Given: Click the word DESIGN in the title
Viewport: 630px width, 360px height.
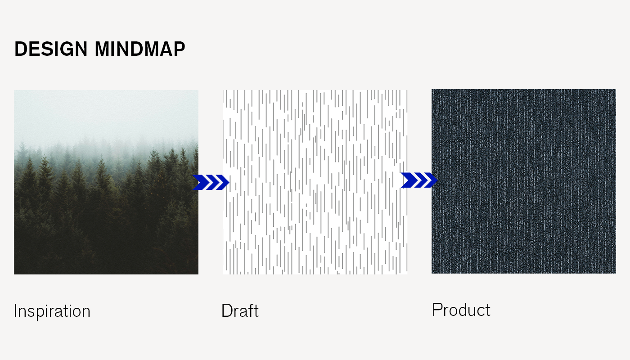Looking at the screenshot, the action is [51, 49].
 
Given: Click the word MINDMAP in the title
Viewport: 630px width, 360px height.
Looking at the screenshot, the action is [140, 49].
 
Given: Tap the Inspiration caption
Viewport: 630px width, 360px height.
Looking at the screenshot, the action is [52, 311].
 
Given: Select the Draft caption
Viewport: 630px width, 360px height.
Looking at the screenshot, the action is [240, 310].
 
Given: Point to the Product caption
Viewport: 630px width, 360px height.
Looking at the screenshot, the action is [461, 310].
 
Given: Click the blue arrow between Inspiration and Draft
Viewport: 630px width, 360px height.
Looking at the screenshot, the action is [211, 182].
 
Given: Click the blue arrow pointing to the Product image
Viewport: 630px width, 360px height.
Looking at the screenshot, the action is [419, 180].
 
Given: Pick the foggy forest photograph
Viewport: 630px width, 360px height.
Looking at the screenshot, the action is [106, 182].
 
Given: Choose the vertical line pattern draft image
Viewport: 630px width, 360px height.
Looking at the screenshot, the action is [315, 182].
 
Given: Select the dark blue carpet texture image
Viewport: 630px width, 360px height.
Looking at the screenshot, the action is [524, 181].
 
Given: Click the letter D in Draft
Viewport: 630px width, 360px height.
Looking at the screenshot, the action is [227, 310].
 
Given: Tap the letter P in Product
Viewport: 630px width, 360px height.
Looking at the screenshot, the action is [437, 310].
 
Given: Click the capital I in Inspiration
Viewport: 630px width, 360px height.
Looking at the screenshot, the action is [15, 310].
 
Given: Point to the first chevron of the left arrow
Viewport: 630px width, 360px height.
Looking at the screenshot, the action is [201, 182].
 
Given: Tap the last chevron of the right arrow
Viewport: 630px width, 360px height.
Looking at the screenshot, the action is [431, 180].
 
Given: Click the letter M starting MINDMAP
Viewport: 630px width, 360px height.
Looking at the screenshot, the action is [102, 49].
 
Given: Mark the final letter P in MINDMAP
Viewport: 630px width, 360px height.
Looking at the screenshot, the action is [179, 49].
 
